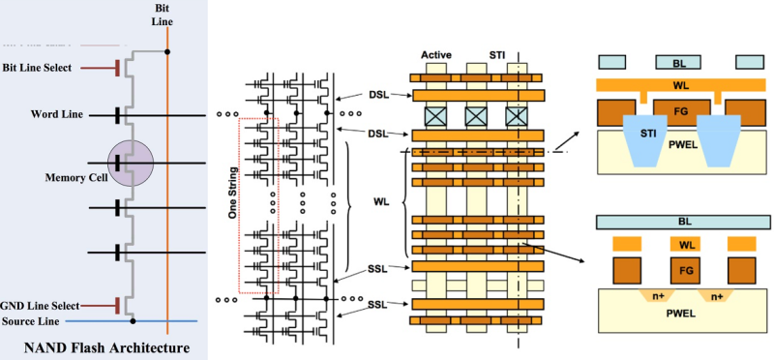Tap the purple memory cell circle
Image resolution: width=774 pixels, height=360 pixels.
[131, 161]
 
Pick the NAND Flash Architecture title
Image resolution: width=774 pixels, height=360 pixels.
[95, 345]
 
